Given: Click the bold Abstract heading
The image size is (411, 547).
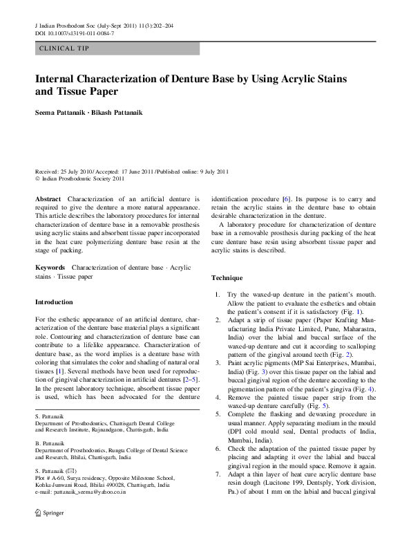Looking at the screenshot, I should (x=49, y=198).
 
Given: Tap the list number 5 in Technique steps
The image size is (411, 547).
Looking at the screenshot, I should (x=216, y=414).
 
